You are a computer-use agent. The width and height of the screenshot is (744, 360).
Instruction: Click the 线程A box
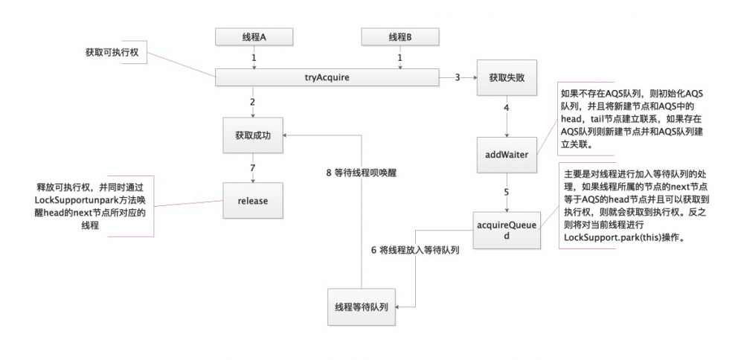click(x=253, y=36)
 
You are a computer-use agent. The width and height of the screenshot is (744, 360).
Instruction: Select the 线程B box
click(x=399, y=36)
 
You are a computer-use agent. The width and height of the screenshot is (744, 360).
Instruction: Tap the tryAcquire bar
click(x=327, y=77)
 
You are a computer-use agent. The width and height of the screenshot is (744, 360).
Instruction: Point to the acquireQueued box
click(x=507, y=230)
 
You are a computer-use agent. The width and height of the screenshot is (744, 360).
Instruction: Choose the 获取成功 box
click(x=253, y=135)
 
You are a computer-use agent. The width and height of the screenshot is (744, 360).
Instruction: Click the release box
click(x=253, y=201)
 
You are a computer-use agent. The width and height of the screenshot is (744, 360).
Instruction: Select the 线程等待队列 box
click(x=362, y=306)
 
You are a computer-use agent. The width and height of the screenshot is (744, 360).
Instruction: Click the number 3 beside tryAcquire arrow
click(x=458, y=77)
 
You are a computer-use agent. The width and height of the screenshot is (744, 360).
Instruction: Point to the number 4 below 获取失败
click(x=507, y=107)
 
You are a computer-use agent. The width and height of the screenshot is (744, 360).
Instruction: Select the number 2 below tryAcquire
click(x=253, y=101)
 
